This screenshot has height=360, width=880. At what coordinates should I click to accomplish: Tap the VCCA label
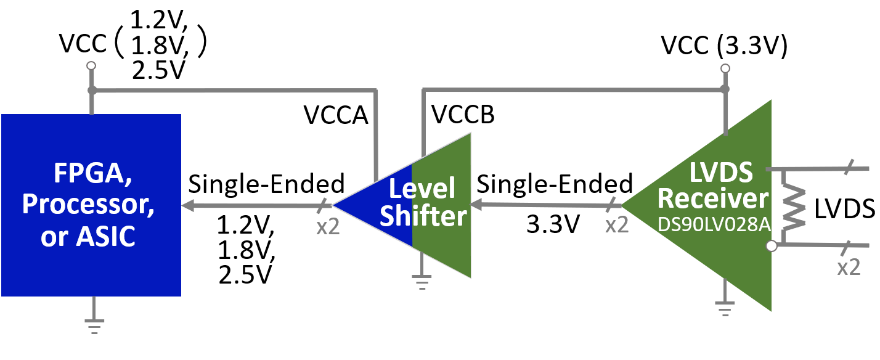point(336,115)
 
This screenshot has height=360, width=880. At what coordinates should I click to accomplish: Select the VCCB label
point(463,115)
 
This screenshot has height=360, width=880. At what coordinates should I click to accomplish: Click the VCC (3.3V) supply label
point(724,46)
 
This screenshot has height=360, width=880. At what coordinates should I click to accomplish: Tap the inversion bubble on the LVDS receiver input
point(770,247)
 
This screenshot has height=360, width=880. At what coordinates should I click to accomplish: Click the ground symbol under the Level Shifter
point(422,283)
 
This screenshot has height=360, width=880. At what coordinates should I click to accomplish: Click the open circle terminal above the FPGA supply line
point(91,65)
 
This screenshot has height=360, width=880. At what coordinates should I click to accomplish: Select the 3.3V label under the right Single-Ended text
point(553,225)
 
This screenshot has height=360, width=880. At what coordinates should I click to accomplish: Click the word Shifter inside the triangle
point(423,217)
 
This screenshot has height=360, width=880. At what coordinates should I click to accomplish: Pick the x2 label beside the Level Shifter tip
point(328,226)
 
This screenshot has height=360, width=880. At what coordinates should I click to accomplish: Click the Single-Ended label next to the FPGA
point(266,184)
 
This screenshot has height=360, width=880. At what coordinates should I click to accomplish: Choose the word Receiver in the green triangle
point(714,198)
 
